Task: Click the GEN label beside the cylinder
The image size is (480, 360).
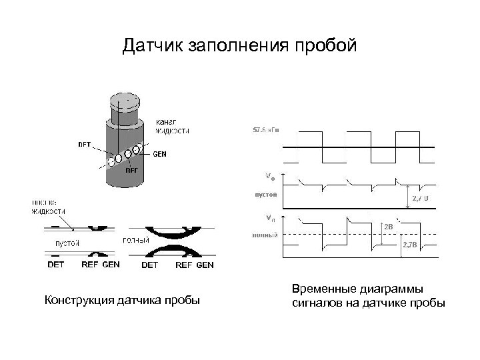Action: pos(160,154)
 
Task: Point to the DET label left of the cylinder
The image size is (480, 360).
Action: pos(86,143)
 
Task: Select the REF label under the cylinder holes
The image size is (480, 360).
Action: pos(133,169)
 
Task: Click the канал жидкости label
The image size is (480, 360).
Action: pos(171,126)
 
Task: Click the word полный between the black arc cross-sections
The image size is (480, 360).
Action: pos(136,240)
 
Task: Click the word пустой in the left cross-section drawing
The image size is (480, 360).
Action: pos(67,243)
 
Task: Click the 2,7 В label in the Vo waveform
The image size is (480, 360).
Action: pos(420,198)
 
